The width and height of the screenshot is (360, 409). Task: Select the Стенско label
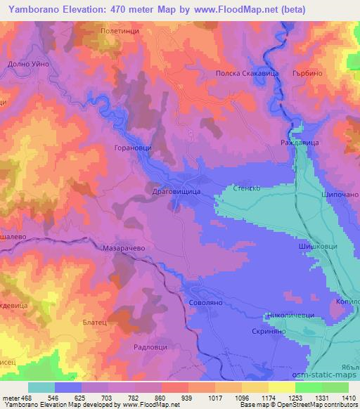pyautogui.click(x=247, y=188)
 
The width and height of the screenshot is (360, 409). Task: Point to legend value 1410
pyautogui.click(x=348, y=397)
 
